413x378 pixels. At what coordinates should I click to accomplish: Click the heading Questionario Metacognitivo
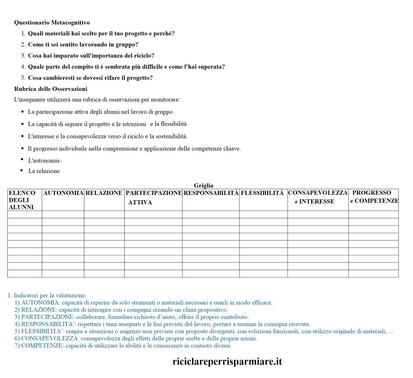click(x=52, y=23)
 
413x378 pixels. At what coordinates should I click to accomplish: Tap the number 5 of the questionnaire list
click(x=23, y=78)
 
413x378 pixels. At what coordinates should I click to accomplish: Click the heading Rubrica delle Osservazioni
click(x=51, y=89)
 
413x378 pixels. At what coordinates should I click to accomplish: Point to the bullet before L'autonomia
click(x=22, y=159)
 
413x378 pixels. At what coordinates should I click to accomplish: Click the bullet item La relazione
click(x=44, y=171)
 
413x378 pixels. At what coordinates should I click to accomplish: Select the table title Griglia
click(x=203, y=185)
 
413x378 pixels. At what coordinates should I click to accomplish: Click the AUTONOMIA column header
click(x=63, y=193)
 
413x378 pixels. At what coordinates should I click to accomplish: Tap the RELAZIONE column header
click(x=104, y=193)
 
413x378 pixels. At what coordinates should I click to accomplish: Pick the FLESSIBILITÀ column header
click(x=262, y=193)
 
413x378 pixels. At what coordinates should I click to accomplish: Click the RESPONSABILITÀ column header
click(x=211, y=193)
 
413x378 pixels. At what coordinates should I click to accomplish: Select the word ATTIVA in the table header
click(x=140, y=202)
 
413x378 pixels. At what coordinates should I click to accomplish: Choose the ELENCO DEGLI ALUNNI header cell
click(x=22, y=200)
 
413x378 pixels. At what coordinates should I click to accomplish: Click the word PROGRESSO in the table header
click(x=371, y=193)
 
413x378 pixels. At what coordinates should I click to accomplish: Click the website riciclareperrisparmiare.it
click(x=227, y=361)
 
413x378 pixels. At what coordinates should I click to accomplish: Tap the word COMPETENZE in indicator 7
click(x=42, y=346)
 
